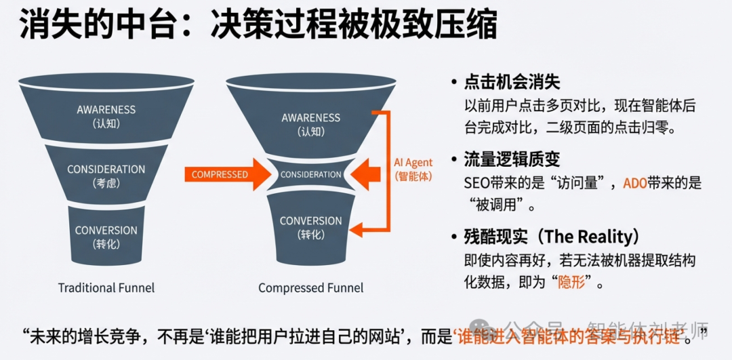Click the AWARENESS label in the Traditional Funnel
pyautogui.click(x=106, y=110)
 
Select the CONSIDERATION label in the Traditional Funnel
pyautogui.click(x=106, y=169)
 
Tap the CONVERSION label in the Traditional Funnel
pyautogui.click(x=106, y=231)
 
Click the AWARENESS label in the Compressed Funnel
pyautogui.click(x=311, y=118)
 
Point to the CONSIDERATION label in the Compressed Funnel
pyautogui.click(x=311, y=175)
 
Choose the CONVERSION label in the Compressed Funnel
pyautogui.click(x=311, y=221)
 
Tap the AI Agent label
pyautogui.click(x=413, y=163)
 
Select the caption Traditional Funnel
pyautogui.click(x=106, y=288)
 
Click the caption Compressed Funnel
pyautogui.click(x=311, y=288)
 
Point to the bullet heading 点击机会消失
pyautogui.click(x=512, y=83)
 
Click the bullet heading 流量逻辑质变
pyautogui.click(x=512, y=159)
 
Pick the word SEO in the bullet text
pyautogui.click(x=477, y=183)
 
